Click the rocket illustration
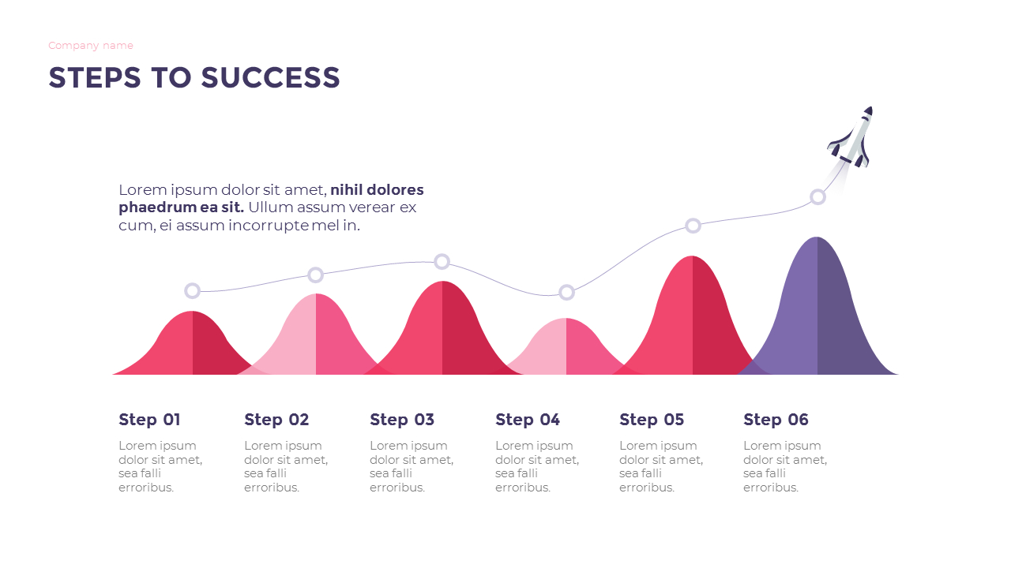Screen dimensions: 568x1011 853,138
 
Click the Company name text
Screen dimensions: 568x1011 91,46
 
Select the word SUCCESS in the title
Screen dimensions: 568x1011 270,78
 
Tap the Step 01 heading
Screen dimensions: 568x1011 149,420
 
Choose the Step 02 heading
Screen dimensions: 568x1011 276,420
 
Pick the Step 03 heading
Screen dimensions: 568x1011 402,420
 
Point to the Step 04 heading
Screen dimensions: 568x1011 528,420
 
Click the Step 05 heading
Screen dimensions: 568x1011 652,420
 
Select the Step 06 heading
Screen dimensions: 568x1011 776,420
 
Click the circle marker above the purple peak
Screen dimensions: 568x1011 817,197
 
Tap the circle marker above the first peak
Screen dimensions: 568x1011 192,291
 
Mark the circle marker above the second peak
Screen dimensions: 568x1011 315,275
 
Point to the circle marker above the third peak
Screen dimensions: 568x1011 442,262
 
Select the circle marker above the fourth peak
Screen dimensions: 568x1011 566,293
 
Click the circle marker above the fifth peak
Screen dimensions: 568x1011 693,226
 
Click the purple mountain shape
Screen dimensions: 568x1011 817,316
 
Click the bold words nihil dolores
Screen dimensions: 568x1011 377,190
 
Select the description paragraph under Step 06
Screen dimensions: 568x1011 785,466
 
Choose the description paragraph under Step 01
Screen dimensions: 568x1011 160,466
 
